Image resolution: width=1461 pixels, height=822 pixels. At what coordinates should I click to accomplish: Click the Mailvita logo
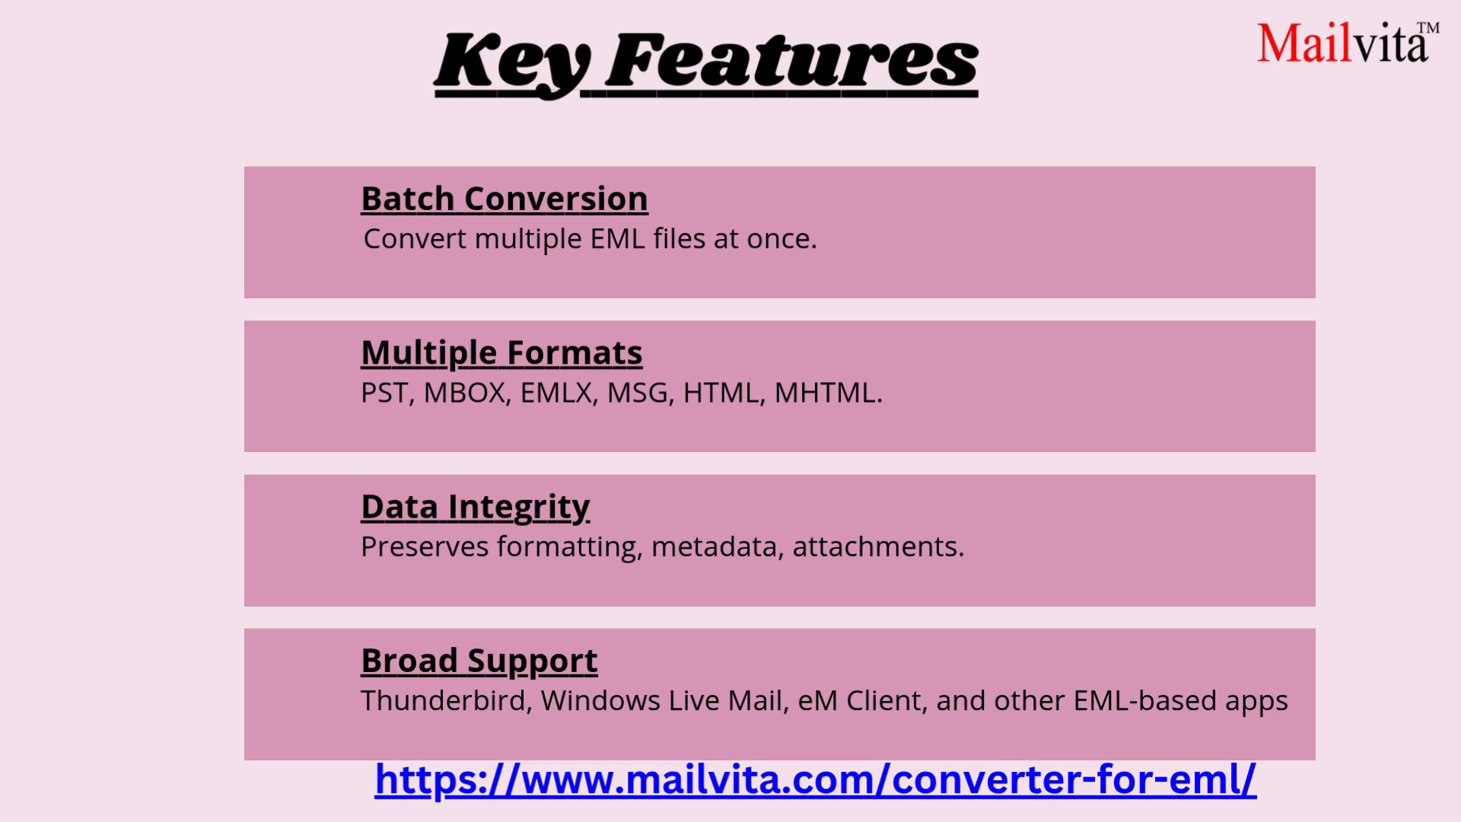(1343, 43)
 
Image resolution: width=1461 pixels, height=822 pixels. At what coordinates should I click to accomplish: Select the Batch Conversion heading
(504, 199)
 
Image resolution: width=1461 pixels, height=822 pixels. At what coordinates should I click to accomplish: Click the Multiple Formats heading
(501, 353)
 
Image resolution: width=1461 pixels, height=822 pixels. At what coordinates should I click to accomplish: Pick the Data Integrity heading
(475, 507)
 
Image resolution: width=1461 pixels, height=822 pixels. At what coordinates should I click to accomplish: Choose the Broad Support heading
(479, 661)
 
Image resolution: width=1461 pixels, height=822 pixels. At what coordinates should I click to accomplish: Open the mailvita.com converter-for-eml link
(815, 779)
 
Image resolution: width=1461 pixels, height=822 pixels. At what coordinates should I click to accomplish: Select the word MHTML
(826, 393)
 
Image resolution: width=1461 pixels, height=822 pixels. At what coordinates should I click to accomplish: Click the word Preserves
(424, 546)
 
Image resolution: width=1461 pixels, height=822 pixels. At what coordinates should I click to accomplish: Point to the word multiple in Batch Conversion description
(527, 239)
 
